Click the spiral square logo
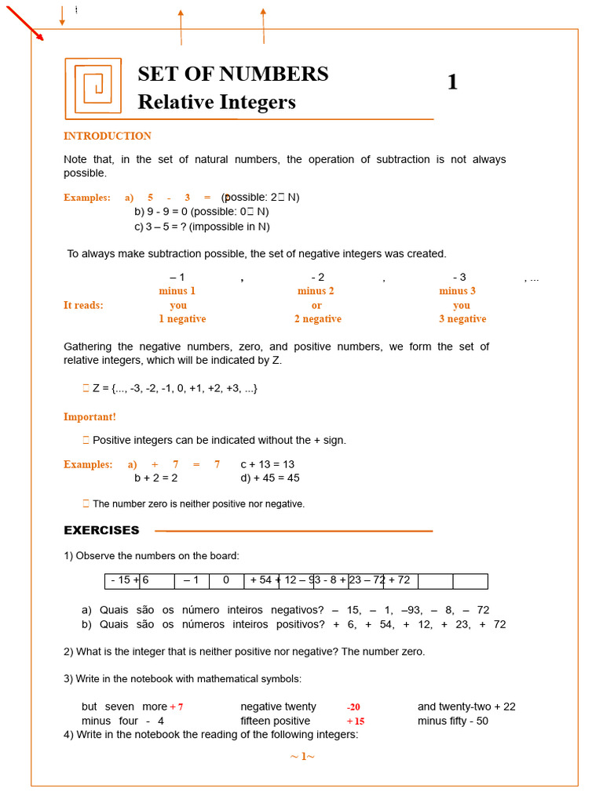[93, 85]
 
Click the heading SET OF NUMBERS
[232, 74]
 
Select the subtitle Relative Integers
[216, 102]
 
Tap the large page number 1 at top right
[452, 82]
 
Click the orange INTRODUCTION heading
[108, 136]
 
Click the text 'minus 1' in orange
[177, 291]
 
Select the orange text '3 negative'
[462, 319]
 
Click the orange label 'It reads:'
[83, 305]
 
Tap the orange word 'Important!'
[90, 417]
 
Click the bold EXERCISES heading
[101, 531]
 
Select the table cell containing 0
[226, 581]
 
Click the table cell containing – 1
[192, 581]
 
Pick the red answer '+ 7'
[177, 707]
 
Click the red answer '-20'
[353, 707]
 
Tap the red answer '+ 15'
[356, 721]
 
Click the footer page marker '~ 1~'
[302, 757]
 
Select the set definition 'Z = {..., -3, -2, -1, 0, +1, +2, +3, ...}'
[174, 388]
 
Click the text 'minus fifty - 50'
[453, 721]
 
